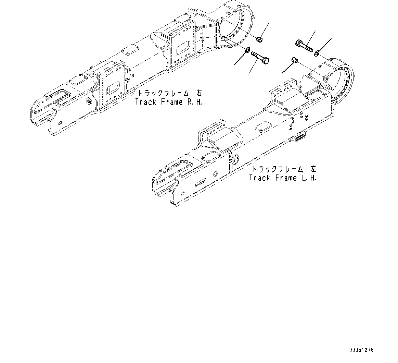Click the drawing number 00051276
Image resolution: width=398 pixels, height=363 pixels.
(361, 350)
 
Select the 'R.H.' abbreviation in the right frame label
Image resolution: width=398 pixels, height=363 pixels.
(193, 102)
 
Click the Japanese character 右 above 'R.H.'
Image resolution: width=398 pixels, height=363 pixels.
(199, 93)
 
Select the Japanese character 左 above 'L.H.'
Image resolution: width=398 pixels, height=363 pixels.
(313, 169)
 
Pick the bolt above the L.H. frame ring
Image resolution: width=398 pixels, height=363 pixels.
(304, 45)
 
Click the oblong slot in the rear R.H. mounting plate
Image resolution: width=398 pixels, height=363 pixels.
(184, 46)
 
